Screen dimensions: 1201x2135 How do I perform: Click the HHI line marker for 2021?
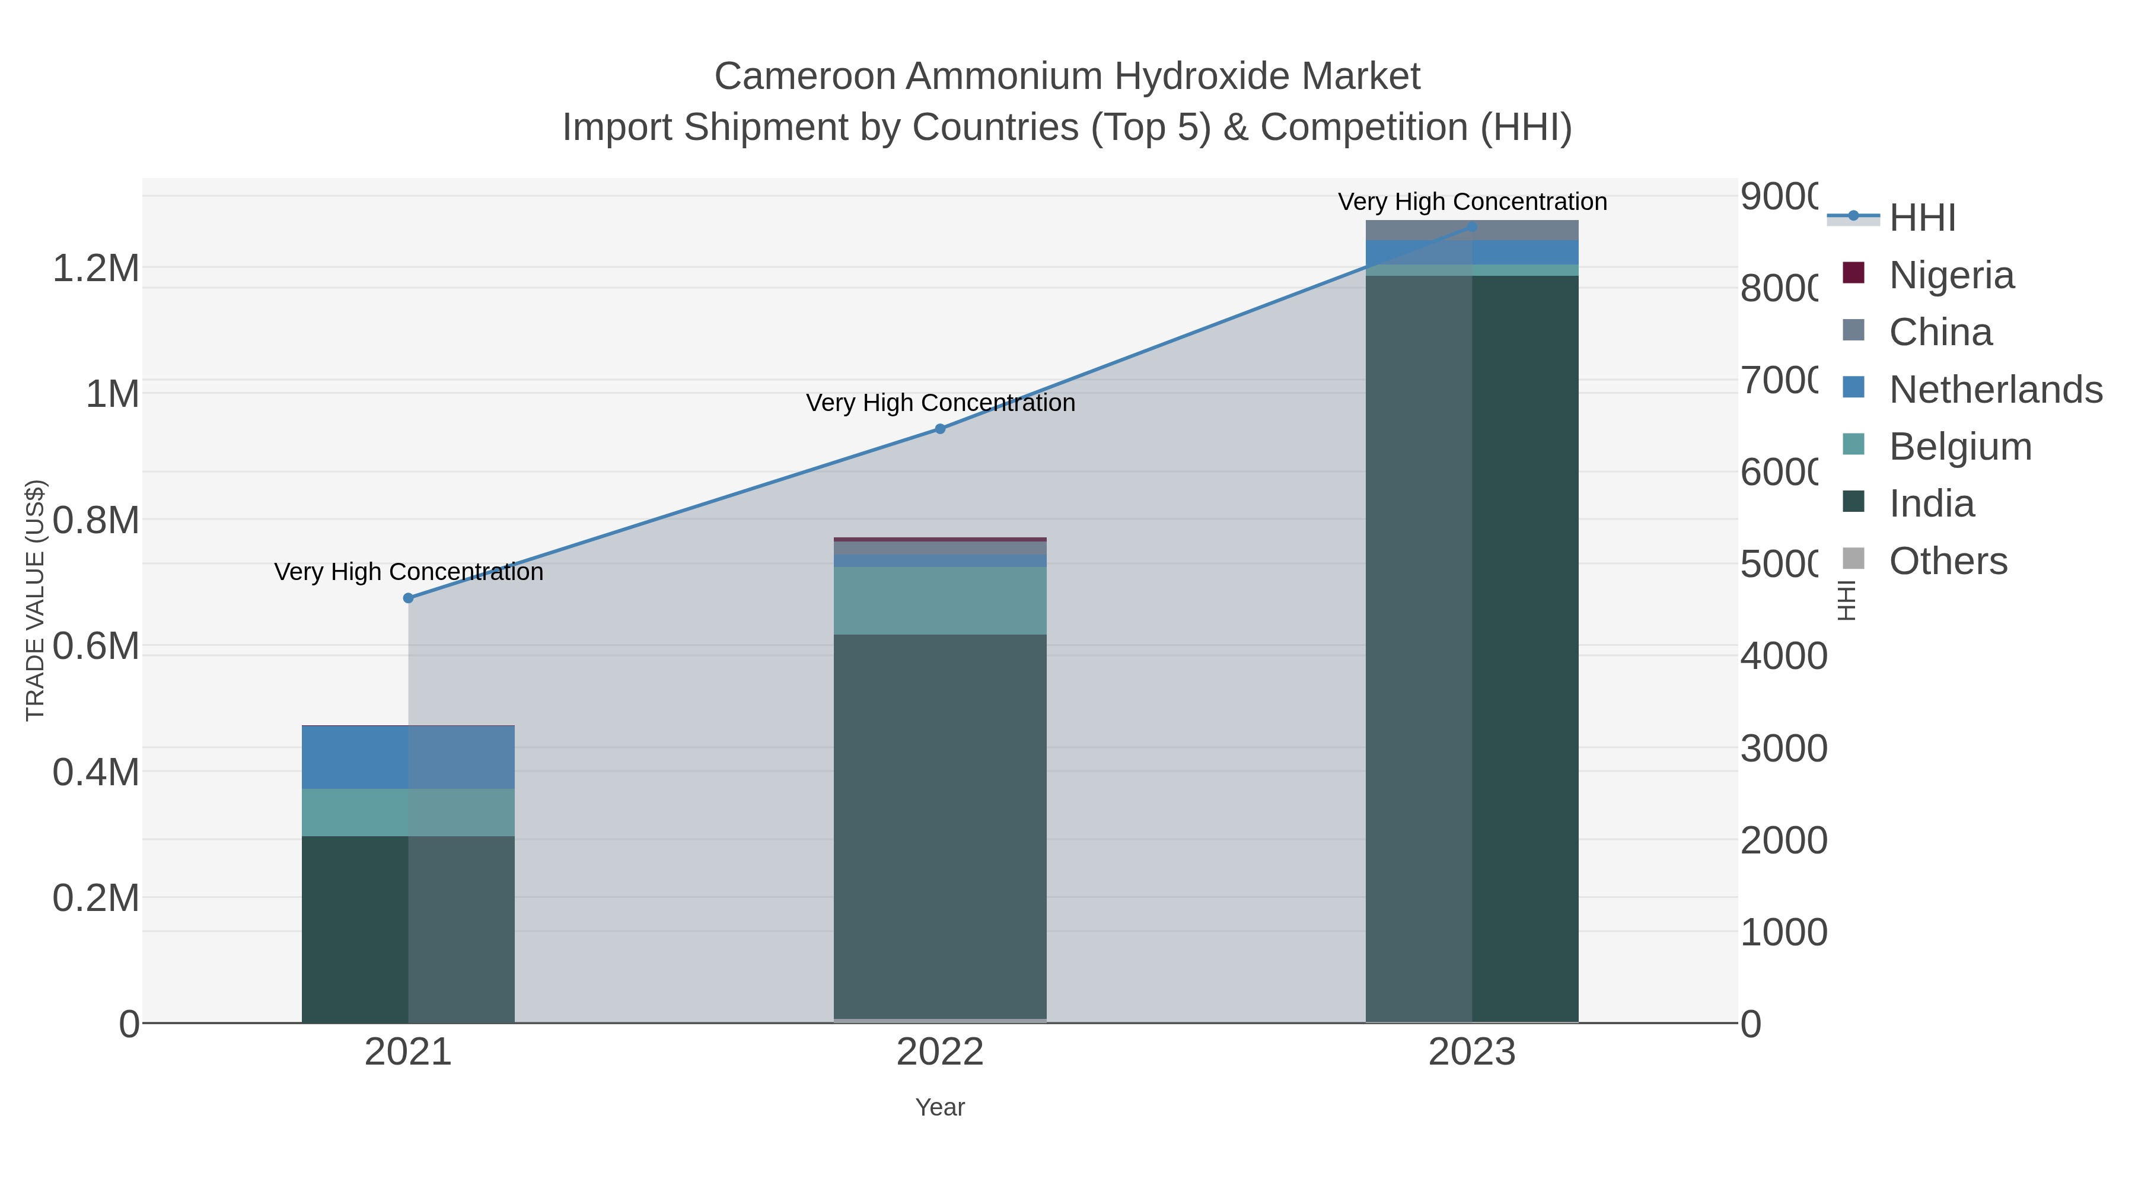click(x=408, y=598)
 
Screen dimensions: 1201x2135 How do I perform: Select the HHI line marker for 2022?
click(x=940, y=429)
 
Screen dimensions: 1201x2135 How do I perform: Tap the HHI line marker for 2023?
click(x=1472, y=227)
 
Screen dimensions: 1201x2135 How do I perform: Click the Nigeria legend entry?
click(x=1951, y=275)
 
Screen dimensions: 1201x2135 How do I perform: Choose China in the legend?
click(x=1940, y=332)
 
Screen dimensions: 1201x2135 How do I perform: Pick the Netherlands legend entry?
click(x=1995, y=390)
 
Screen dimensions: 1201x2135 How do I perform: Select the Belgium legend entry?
click(x=1960, y=447)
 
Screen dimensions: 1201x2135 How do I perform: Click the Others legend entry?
click(x=1948, y=561)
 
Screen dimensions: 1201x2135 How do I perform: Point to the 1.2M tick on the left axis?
click(x=96, y=267)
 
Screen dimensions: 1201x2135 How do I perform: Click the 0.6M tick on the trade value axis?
click(x=96, y=646)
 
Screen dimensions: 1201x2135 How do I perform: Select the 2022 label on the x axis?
click(x=940, y=1052)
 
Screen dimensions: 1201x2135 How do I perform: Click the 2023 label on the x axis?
click(x=1472, y=1052)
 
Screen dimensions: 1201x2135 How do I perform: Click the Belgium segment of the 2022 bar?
click(x=940, y=601)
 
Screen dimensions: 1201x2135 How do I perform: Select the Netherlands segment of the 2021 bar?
click(x=408, y=757)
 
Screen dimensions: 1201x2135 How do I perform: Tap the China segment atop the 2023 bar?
click(x=1472, y=230)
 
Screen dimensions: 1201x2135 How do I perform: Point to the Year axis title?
click(x=940, y=1107)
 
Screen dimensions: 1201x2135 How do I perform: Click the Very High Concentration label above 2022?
click(x=940, y=403)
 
